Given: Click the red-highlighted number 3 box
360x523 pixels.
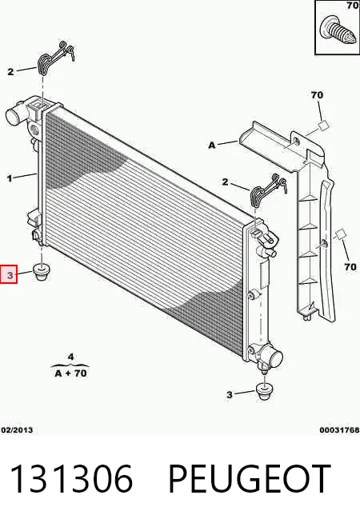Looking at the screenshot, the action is [x=9, y=275].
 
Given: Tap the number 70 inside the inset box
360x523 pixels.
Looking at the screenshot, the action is [x=352, y=6].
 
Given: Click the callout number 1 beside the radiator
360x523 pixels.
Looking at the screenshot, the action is [x=10, y=179].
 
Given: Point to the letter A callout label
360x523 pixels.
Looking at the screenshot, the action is [x=212, y=146].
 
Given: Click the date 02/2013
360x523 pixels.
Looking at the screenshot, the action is [x=17, y=430].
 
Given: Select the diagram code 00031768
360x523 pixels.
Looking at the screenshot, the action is [x=339, y=430].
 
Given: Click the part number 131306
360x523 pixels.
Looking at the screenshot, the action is [x=72, y=479].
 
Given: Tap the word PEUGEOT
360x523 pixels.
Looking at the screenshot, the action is [x=250, y=479].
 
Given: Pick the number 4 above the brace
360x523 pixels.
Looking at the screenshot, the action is [x=70, y=357].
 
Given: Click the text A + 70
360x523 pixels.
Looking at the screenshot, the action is [x=70, y=373].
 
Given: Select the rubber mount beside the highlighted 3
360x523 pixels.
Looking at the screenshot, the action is [x=42, y=272].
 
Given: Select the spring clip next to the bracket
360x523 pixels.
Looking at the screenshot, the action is [x=268, y=191].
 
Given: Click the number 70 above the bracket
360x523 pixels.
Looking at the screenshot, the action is [x=317, y=95].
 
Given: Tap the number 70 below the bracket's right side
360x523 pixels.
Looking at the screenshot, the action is [x=350, y=267].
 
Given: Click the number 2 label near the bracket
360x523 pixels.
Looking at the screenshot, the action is [x=226, y=182].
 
